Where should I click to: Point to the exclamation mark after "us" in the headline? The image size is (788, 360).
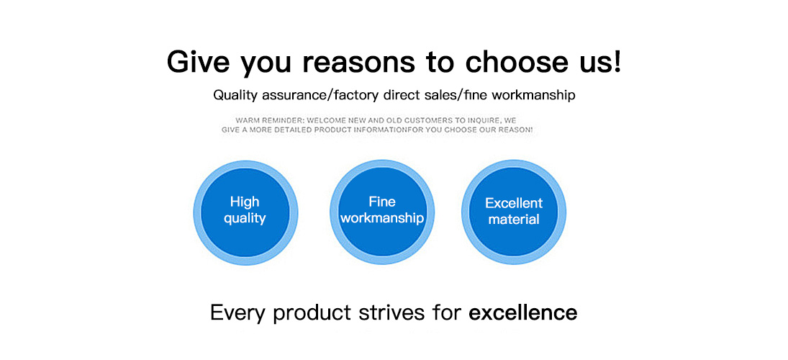tap(617, 60)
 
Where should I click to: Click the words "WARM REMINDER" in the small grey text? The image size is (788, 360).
tap(269, 121)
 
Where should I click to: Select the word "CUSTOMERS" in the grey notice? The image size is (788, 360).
tap(448, 121)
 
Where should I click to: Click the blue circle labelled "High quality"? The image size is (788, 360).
tap(245, 212)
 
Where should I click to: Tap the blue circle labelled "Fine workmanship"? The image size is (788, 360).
tap(382, 212)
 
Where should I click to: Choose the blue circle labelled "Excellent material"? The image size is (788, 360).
tap(514, 212)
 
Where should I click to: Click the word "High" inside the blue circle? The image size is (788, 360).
tap(245, 202)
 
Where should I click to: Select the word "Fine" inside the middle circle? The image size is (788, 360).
tap(382, 202)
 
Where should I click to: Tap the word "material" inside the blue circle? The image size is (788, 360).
tap(514, 219)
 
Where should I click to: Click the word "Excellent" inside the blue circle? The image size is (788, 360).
tap(514, 203)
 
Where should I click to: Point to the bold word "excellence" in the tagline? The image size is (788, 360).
tap(522, 312)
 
